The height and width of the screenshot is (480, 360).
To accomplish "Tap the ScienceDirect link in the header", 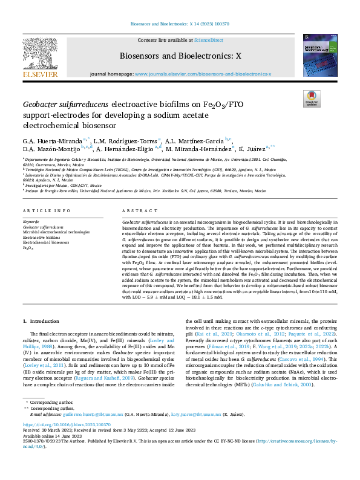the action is pyautogui.click(x=209, y=39).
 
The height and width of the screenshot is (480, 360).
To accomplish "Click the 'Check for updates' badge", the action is pyautogui.click(x=312, y=99).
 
